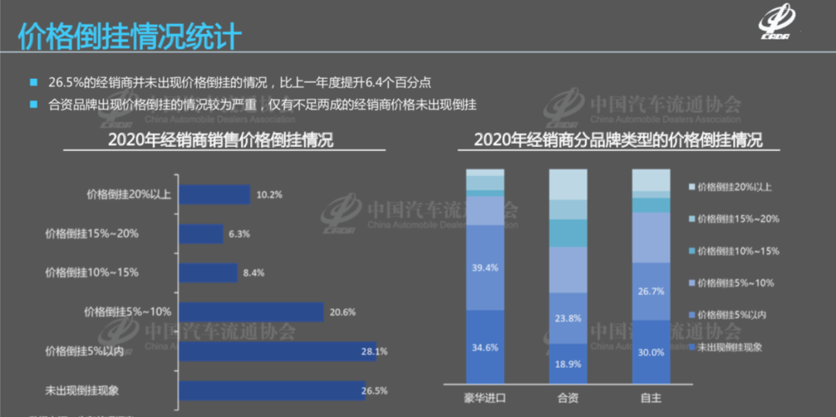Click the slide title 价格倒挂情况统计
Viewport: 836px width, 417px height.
[129, 36]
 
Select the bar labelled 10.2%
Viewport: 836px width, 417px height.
[214, 194]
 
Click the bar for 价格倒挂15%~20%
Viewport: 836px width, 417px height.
[200, 234]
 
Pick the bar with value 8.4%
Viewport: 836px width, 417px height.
[207, 272]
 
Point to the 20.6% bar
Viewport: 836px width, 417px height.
[251, 312]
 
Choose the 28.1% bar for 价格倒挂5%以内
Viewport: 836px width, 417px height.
[277, 351]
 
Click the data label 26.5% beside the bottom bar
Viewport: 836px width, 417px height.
[374, 391]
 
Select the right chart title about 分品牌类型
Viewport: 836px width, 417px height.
[618, 140]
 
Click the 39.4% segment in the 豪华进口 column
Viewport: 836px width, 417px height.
[485, 267]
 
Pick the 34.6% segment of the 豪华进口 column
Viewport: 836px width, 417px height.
[485, 347]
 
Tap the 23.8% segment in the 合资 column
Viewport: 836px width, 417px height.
[568, 318]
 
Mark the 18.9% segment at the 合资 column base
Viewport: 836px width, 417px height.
[568, 364]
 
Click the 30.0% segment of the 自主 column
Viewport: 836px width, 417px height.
[651, 352]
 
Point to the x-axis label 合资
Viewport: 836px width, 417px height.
[568, 398]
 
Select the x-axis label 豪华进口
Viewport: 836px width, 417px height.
[485, 398]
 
